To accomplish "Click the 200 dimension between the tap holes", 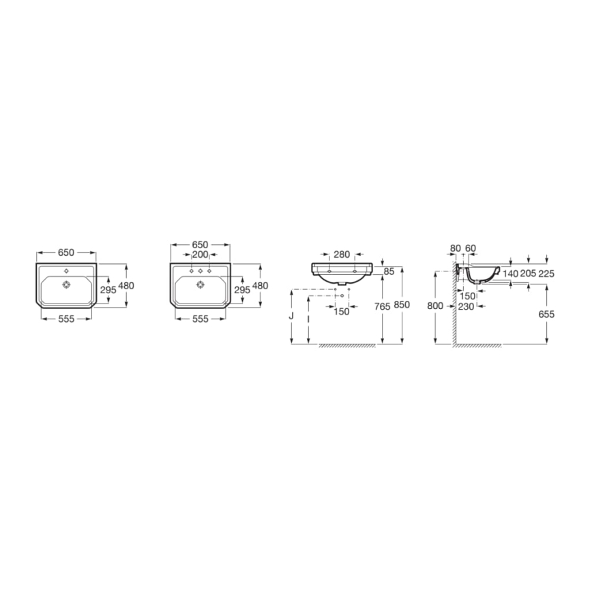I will (201, 254).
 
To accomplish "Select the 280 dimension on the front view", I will (342, 254).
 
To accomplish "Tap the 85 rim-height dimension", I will (389, 271).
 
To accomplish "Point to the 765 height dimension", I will (383, 307).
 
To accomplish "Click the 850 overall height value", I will (402, 307).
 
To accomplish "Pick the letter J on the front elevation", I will (292, 316).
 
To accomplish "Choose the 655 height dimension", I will (547, 314).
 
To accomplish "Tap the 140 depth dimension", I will (511, 273).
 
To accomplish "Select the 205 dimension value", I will (529, 273).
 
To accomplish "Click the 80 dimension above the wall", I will (456, 248).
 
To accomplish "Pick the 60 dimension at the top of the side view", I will (470, 248).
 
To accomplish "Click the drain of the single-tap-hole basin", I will (66, 285).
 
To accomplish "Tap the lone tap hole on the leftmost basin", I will (66, 271).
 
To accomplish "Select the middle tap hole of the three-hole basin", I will (201, 271).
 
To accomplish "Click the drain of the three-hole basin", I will (201, 285).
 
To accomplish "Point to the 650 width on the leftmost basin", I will (66, 252).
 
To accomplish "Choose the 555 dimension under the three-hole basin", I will (201, 319).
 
